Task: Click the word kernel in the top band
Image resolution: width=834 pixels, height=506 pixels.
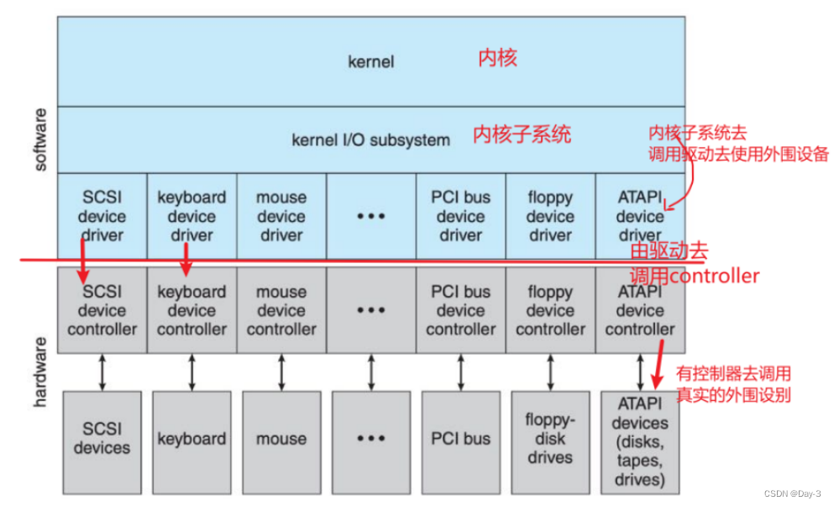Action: (x=370, y=61)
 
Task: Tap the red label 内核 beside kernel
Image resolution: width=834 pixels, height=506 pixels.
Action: (x=498, y=58)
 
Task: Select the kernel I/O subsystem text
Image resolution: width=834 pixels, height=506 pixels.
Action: (x=370, y=140)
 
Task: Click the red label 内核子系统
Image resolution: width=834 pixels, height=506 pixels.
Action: (x=522, y=134)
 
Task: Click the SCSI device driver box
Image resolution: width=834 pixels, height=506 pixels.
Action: (x=102, y=216)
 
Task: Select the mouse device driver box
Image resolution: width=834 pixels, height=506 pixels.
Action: (x=281, y=216)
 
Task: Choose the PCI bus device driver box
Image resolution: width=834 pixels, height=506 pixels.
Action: (x=460, y=216)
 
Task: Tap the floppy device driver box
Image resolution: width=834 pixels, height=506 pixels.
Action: (x=550, y=216)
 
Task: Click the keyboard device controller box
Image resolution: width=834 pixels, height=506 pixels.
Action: (x=191, y=310)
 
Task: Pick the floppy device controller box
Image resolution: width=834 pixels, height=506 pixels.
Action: (x=550, y=310)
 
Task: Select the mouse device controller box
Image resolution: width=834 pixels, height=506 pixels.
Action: (x=281, y=310)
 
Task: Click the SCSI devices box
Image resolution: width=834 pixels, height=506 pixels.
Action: (x=102, y=439)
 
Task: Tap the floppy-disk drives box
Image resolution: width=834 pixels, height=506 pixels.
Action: (x=550, y=439)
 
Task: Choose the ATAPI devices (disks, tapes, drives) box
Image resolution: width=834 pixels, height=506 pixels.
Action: (x=640, y=442)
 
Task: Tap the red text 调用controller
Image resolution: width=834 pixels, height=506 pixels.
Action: (x=695, y=276)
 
